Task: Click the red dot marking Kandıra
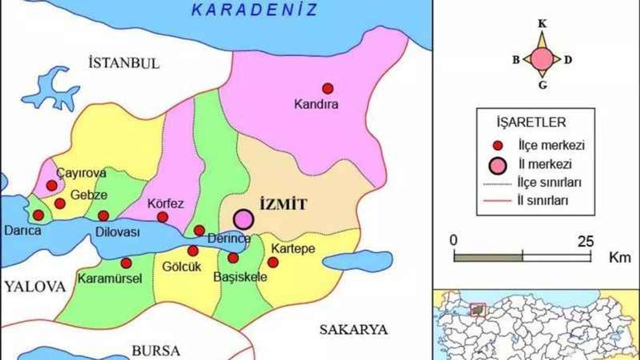pos(327,88)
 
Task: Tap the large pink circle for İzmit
pos(243,219)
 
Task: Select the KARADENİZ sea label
pos(255,9)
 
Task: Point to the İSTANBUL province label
pos(123,63)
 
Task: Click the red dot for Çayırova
pos(51,185)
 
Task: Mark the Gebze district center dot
pos(60,203)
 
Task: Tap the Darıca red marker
pos(38,215)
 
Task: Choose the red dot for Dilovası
pos(103,215)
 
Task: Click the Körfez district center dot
pos(162,216)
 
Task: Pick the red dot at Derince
pos(199,230)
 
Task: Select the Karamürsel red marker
pos(126,263)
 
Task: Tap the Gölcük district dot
pos(193,251)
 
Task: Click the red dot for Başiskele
pos(233,258)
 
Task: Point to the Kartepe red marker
pos(273,262)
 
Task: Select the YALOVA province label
pos(35,286)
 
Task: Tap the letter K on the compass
pos(541,23)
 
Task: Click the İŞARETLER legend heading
pos(535,122)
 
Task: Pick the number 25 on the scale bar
pos(584,241)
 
